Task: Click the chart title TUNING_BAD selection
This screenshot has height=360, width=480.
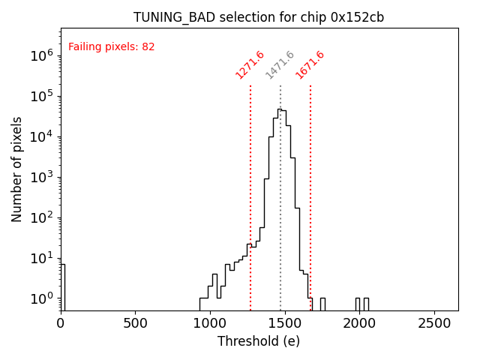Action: (259, 17)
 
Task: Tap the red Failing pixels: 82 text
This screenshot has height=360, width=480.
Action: (112, 47)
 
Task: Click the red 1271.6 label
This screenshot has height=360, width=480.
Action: (250, 64)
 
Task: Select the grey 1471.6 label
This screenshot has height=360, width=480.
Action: (280, 64)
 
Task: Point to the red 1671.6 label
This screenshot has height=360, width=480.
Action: (310, 64)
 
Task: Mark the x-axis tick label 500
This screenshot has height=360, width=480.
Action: (135, 324)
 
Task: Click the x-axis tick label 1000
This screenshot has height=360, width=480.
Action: (210, 324)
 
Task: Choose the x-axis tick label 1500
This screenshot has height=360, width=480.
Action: (284, 324)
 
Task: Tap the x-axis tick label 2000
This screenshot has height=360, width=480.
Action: (359, 324)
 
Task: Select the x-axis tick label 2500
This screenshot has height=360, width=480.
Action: (433, 324)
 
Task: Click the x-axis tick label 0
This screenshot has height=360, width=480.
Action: (61, 324)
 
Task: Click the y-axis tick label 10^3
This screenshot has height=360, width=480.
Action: (41, 177)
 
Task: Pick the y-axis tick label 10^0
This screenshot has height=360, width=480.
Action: (41, 298)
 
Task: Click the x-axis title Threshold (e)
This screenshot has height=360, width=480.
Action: (259, 341)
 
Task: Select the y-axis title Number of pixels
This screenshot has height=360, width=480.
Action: (16, 169)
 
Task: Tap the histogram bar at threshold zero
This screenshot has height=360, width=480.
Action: (63, 285)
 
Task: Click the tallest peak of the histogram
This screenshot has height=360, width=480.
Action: (280, 109)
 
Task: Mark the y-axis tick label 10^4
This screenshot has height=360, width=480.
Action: (41, 136)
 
